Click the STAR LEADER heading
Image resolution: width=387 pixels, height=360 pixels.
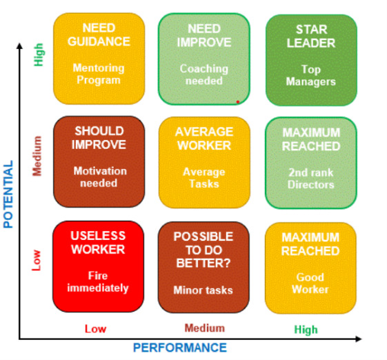[311, 37]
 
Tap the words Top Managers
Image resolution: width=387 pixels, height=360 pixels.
[310, 76]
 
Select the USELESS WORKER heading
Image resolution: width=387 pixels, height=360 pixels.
[98, 243]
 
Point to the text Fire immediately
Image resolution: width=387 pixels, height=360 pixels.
[98, 282]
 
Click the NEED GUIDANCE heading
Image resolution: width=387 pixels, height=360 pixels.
[99, 34]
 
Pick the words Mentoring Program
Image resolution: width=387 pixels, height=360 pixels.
[99, 74]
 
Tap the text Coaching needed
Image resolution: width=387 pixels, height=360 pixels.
[204, 74]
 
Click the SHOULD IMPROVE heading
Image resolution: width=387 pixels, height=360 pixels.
[99, 138]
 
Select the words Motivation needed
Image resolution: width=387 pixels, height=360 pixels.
[100, 177]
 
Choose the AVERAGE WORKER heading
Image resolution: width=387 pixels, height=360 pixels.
[204, 139]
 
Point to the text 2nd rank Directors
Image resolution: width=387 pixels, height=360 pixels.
[310, 179]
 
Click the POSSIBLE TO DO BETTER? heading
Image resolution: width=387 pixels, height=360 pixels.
[204, 250]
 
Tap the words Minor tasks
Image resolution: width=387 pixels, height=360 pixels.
[203, 290]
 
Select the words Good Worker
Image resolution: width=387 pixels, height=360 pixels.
[310, 283]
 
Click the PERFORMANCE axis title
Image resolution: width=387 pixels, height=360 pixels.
[180, 348]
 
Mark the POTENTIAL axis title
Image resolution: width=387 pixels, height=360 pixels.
[8, 194]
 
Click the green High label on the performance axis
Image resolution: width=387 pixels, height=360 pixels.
[306, 330]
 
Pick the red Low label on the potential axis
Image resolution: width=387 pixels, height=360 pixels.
[37, 260]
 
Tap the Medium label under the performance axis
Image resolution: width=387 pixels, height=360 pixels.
[205, 328]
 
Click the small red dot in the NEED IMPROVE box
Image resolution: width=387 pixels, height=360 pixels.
[238, 102]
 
